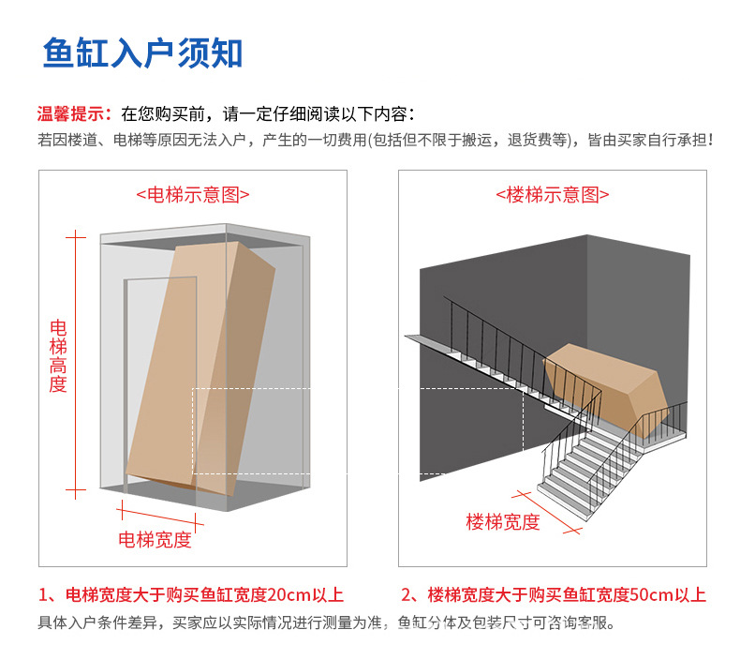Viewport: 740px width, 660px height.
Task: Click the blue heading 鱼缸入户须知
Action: pyautogui.click(x=142, y=52)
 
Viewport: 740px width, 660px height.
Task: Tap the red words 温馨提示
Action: pyautogui.click(x=74, y=114)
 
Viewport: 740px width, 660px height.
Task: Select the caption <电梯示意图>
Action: pyautogui.click(x=193, y=195)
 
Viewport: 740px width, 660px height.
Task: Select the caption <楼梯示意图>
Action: pyautogui.click(x=552, y=195)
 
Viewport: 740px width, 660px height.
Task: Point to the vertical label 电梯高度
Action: pyautogui.click(x=58, y=355)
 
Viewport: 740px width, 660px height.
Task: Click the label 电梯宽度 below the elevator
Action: pyautogui.click(x=155, y=539)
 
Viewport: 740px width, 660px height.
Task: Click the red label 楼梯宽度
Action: pyautogui.click(x=503, y=522)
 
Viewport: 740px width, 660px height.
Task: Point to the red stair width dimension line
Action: pyautogui.click(x=548, y=512)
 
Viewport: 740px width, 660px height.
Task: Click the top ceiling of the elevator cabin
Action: pyautogui.click(x=201, y=235)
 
